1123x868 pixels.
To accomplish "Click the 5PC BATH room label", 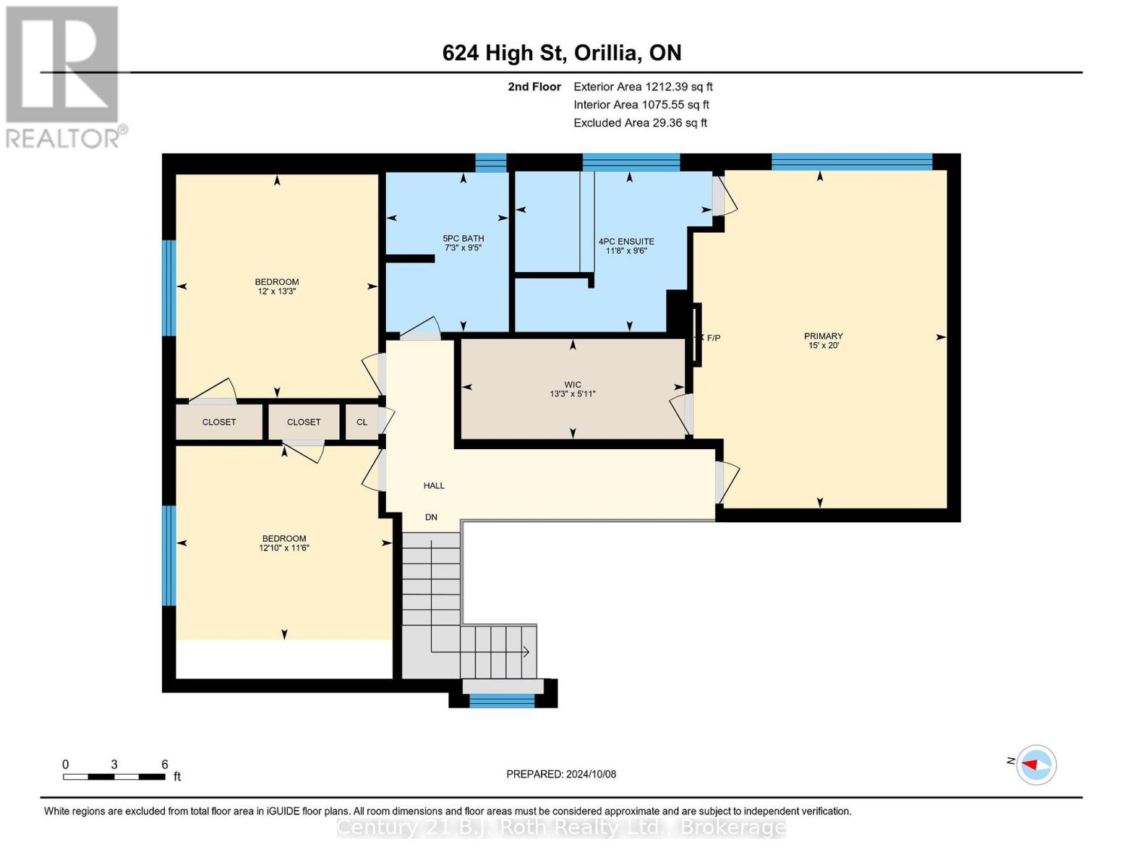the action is pyautogui.click(x=463, y=238).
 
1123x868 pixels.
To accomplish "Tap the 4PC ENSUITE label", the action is pyautogui.click(x=626, y=242).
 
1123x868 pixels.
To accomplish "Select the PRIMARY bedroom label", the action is pyautogui.click(x=823, y=336).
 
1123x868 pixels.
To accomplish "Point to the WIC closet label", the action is pyautogui.click(x=573, y=385).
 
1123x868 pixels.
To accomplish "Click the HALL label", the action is pyautogui.click(x=434, y=485).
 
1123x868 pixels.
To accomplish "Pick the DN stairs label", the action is pyautogui.click(x=431, y=517).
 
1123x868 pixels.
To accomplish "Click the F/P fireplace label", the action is pyautogui.click(x=714, y=338).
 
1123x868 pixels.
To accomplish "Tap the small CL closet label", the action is pyautogui.click(x=362, y=422).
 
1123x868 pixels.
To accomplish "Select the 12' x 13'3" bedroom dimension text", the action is pyautogui.click(x=276, y=292).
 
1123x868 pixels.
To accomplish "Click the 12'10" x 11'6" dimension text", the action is pyautogui.click(x=283, y=548).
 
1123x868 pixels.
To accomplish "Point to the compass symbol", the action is pyautogui.click(x=1036, y=765).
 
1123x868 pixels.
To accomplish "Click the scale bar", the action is pyautogui.click(x=114, y=776).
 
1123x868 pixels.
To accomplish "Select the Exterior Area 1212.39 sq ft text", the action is pyautogui.click(x=643, y=87).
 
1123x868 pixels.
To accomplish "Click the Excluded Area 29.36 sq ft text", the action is pyautogui.click(x=640, y=123).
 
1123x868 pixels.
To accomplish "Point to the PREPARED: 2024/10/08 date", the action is pyautogui.click(x=561, y=774).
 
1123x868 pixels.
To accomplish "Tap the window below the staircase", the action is pyautogui.click(x=501, y=700).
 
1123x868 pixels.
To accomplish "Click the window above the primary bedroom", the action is pyautogui.click(x=852, y=162).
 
